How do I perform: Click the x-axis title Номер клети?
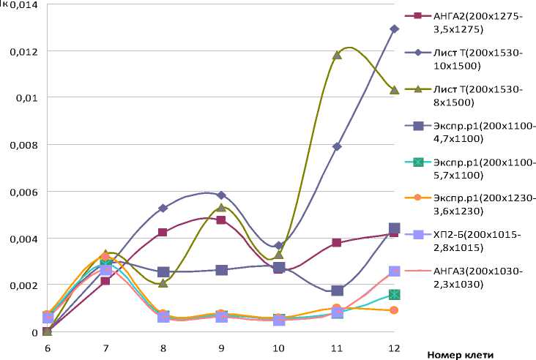pyautogui.click(x=461, y=354)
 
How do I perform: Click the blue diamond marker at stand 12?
pyautogui.click(x=394, y=29)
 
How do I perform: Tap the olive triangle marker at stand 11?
pyautogui.click(x=337, y=55)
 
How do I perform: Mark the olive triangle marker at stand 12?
pyautogui.click(x=394, y=90)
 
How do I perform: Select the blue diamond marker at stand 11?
pyautogui.click(x=337, y=146)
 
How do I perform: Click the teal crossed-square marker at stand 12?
pyautogui.click(x=394, y=294)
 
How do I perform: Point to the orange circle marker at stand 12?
pyautogui.click(x=394, y=310)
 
